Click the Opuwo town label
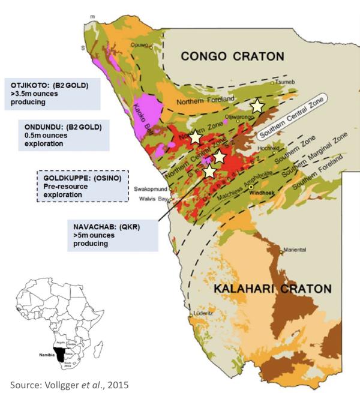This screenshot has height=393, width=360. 139,46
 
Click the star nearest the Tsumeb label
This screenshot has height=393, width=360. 257,106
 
